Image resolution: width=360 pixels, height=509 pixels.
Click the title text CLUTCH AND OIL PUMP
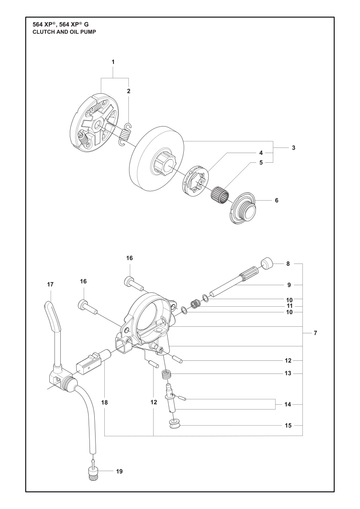click(x=64, y=32)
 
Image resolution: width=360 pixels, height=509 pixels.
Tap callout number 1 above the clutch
click(x=113, y=62)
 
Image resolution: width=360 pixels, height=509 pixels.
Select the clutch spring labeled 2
click(x=125, y=134)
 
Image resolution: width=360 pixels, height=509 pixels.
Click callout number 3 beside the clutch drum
click(x=293, y=148)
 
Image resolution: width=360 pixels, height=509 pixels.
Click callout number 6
click(x=276, y=200)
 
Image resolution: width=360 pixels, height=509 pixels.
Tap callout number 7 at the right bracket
click(x=315, y=333)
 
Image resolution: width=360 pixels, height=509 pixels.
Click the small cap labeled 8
click(x=267, y=263)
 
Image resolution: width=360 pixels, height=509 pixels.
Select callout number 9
click(x=289, y=285)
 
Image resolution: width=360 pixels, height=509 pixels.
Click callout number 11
click(x=289, y=306)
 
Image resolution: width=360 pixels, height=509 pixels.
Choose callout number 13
click(x=288, y=373)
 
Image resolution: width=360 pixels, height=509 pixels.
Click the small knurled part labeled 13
click(x=166, y=374)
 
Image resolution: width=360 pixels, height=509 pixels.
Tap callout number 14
click(x=288, y=404)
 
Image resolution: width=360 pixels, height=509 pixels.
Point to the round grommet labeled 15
click(x=174, y=425)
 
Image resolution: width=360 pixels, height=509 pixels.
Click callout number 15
click(x=288, y=425)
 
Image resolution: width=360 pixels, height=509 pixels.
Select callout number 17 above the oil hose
click(x=50, y=284)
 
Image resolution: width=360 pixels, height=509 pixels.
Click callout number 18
click(x=105, y=402)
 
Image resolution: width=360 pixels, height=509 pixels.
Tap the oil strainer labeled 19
click(x=91, y=471)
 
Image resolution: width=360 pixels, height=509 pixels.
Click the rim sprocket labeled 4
click(x=196, y=180)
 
